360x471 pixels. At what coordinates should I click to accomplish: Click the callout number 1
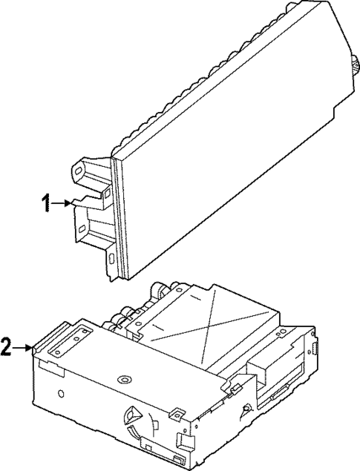pos(48,202)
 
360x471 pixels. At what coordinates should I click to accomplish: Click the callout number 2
pos(7,346)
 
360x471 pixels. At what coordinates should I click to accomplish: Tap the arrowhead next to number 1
pos(69,202)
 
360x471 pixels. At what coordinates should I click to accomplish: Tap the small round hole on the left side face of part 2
pos(62,391)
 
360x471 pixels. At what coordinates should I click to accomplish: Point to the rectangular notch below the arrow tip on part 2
pos(50,364)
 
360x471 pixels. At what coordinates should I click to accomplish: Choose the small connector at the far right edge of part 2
pos(315,348)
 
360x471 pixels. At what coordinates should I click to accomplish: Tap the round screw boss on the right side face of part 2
pos(246,409)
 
